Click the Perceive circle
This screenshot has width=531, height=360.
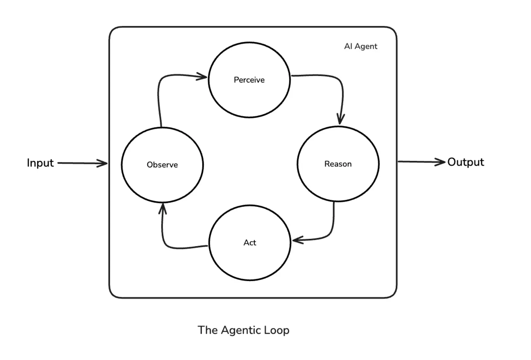[x=249, y=80]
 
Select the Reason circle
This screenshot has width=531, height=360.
[x=338, y=164]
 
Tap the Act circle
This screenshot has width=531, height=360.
[x=250, y=242]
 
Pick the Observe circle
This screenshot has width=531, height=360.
[x=162, y=165]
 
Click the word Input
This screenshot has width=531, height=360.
[x=40, y=163]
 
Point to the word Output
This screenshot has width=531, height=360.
[x=465, y=162]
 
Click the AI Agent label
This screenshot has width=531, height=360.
[x=361, y=47]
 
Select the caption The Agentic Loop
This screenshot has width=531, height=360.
[x=243, y=330]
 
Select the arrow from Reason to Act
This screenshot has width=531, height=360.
[x=331, y=231]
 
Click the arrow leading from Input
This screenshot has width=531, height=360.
[x=81, y=163]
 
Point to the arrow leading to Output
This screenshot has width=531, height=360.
[x=421, y=162]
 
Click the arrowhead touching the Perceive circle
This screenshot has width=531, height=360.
[x=202, y=76]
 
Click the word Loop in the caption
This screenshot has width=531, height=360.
[x=276, y=330]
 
